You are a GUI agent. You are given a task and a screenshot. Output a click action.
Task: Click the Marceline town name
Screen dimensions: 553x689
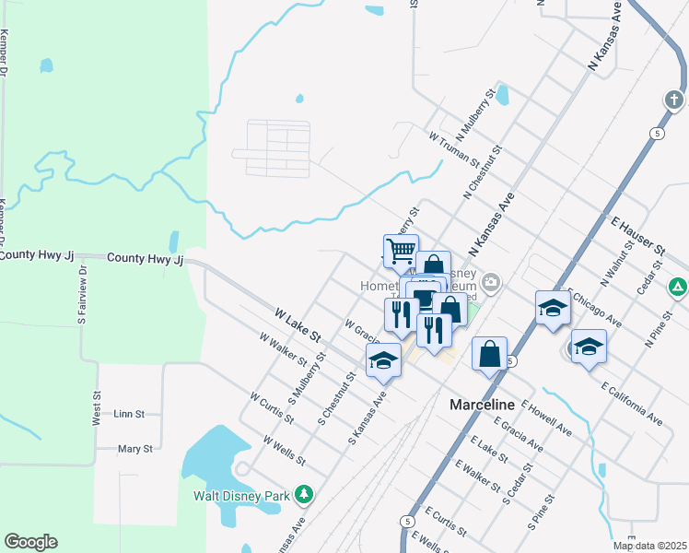pos(485,405)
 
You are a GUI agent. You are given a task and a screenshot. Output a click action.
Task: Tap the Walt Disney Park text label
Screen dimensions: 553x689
pos(243,496)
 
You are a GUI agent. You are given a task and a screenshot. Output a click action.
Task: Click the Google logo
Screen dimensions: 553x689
pos(30,542)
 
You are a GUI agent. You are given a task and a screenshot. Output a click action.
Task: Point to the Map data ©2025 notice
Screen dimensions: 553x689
pos(649,546)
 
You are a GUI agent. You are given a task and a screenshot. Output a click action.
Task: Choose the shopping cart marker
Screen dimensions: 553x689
pos(400,250)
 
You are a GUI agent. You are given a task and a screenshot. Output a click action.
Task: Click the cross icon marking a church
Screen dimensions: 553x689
pos(674,100)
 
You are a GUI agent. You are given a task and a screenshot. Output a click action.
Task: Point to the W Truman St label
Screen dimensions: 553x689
pos(454,147)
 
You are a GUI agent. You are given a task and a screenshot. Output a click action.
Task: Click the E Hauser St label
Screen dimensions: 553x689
pos(637,236)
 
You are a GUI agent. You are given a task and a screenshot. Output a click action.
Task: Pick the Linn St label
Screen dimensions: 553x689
pos(130,415)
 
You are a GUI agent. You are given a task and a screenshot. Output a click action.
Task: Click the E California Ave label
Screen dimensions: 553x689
pos(632,404)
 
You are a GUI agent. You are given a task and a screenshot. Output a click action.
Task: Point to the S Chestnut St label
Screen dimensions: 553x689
pos(336,399)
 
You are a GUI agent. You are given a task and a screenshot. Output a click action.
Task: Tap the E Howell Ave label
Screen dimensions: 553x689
pos(547,417)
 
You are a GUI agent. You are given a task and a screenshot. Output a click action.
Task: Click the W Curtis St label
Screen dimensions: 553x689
pos(271,407)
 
